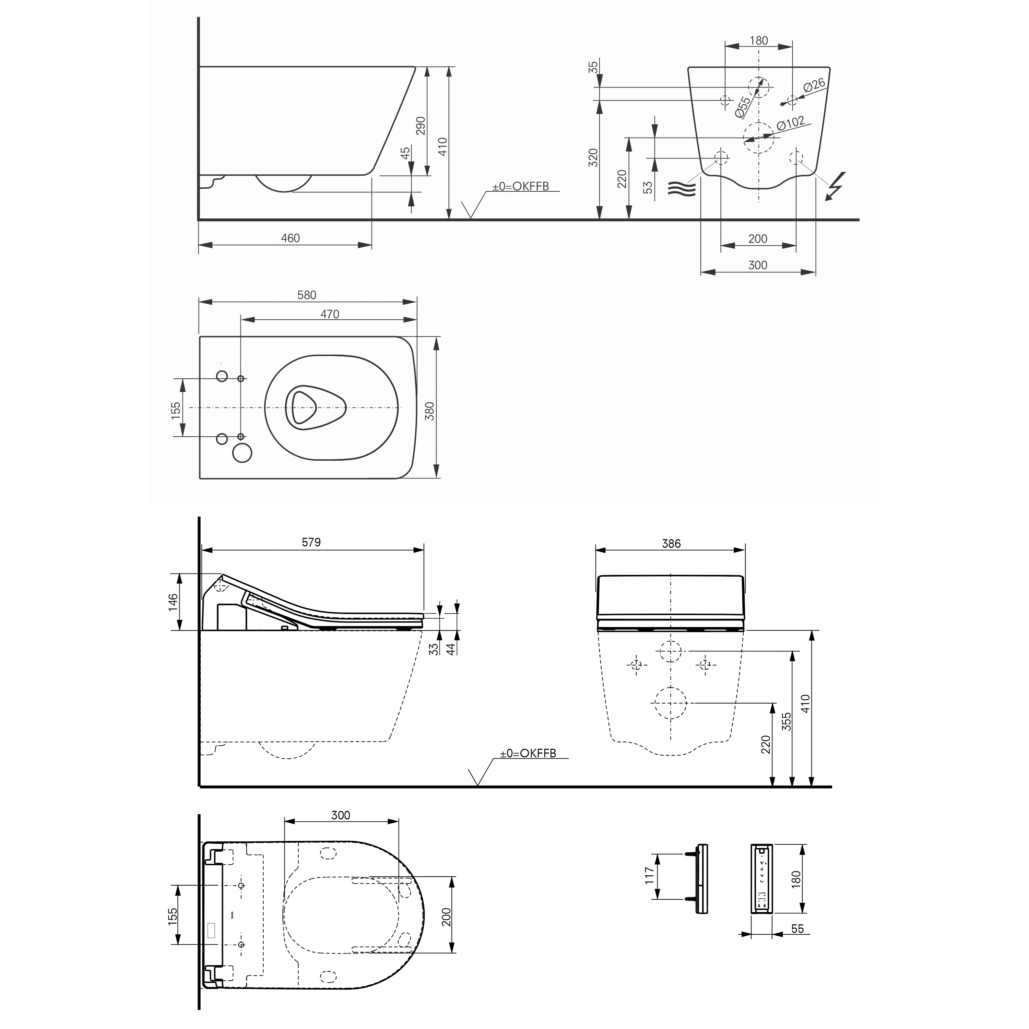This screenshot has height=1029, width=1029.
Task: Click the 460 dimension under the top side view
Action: pos(290,238)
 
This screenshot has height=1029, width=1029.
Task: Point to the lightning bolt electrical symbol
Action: pos(836,186)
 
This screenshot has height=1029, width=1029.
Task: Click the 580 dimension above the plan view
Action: pos(306,295)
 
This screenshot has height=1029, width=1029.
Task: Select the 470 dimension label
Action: pos(329,314)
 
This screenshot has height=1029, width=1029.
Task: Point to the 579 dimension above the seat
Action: pos(311,542)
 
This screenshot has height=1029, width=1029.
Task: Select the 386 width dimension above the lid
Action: pos(671,543)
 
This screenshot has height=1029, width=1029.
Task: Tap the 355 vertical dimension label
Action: pos(786,721)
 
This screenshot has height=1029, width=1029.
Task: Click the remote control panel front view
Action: pos(762,878)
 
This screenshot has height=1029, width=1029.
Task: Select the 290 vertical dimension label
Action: pos(421,126)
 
